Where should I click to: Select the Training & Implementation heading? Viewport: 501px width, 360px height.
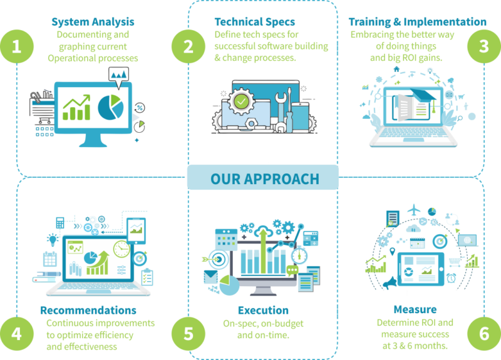(x=417, y=22)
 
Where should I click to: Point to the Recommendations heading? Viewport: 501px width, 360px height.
(x=88, y=310)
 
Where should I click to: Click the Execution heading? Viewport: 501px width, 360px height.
(x=263, y=310)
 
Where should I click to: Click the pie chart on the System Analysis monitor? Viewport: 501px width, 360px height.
(x=111, y=106)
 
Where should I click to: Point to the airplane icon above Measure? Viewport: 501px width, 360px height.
(x=413, y=211)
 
